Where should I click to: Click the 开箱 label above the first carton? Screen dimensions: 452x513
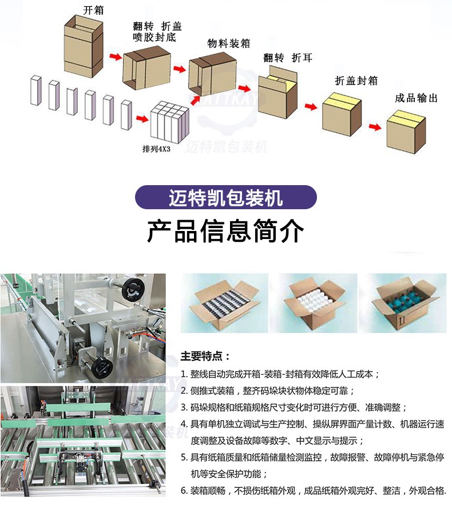point(93,10)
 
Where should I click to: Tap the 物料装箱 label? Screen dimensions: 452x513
point(229,43)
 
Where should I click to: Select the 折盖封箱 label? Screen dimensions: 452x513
point(356,80)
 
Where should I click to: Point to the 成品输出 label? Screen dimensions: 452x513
point(416,98)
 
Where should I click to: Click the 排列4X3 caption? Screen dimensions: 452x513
point(156,149)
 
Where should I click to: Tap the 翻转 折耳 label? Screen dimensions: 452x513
point(288,58)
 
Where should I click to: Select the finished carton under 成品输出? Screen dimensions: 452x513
point(406,131)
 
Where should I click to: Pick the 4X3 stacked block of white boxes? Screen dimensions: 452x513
point(170,122)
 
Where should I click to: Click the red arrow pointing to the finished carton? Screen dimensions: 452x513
point(375,127)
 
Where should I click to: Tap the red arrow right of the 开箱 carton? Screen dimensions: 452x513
point(116,57)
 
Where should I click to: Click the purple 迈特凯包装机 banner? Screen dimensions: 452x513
point(225,197)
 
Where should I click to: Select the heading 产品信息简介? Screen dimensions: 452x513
point(225,231)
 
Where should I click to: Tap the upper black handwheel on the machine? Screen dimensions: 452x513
point(133,290)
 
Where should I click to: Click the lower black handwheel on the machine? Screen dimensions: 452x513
point(102,367)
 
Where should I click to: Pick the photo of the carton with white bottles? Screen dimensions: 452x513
point(314,303)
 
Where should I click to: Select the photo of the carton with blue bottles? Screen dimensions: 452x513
point(403,303)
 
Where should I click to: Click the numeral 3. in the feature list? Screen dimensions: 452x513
point(184,408)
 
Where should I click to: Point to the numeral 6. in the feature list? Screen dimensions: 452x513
point(184,491)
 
